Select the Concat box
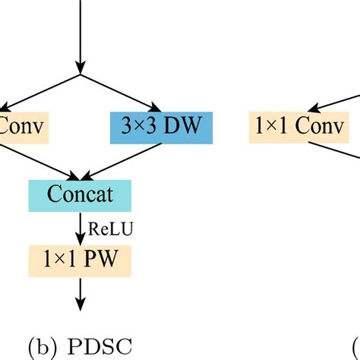81,194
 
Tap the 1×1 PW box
81,261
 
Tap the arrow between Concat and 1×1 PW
81,227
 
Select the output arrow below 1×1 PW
81,292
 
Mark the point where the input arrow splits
80,75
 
